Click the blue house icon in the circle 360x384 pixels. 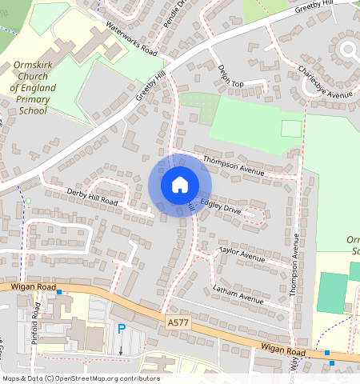click(180, 185)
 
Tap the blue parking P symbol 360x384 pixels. click(122, 329)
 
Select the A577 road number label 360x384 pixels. click(179, 322)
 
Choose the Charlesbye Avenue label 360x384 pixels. click(325, 82)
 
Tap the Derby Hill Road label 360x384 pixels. click(92, 197)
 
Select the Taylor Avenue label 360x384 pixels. click(242, 254)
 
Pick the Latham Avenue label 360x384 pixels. click(238, 294)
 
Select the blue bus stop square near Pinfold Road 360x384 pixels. click(59, 292)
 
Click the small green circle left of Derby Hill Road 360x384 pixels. click(28, 200)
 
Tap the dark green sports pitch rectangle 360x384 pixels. click(332, 293)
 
